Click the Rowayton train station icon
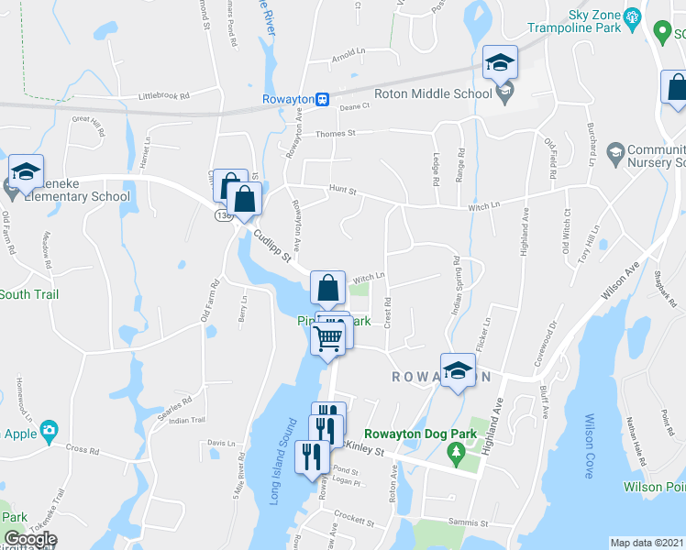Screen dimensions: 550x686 tap(322, 99)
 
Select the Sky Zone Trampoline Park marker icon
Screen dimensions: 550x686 tap(631, 16)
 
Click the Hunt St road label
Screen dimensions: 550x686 tap(341, 192)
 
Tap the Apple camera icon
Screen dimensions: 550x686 tap(49, 429)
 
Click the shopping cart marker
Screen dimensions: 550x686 tap(327, 339)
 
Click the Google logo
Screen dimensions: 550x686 tap(30, 539)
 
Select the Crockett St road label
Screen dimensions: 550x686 tap(349, 515)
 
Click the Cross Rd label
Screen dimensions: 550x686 tap(82, 449)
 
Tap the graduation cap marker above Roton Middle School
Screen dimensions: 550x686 tap(501, 62)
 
